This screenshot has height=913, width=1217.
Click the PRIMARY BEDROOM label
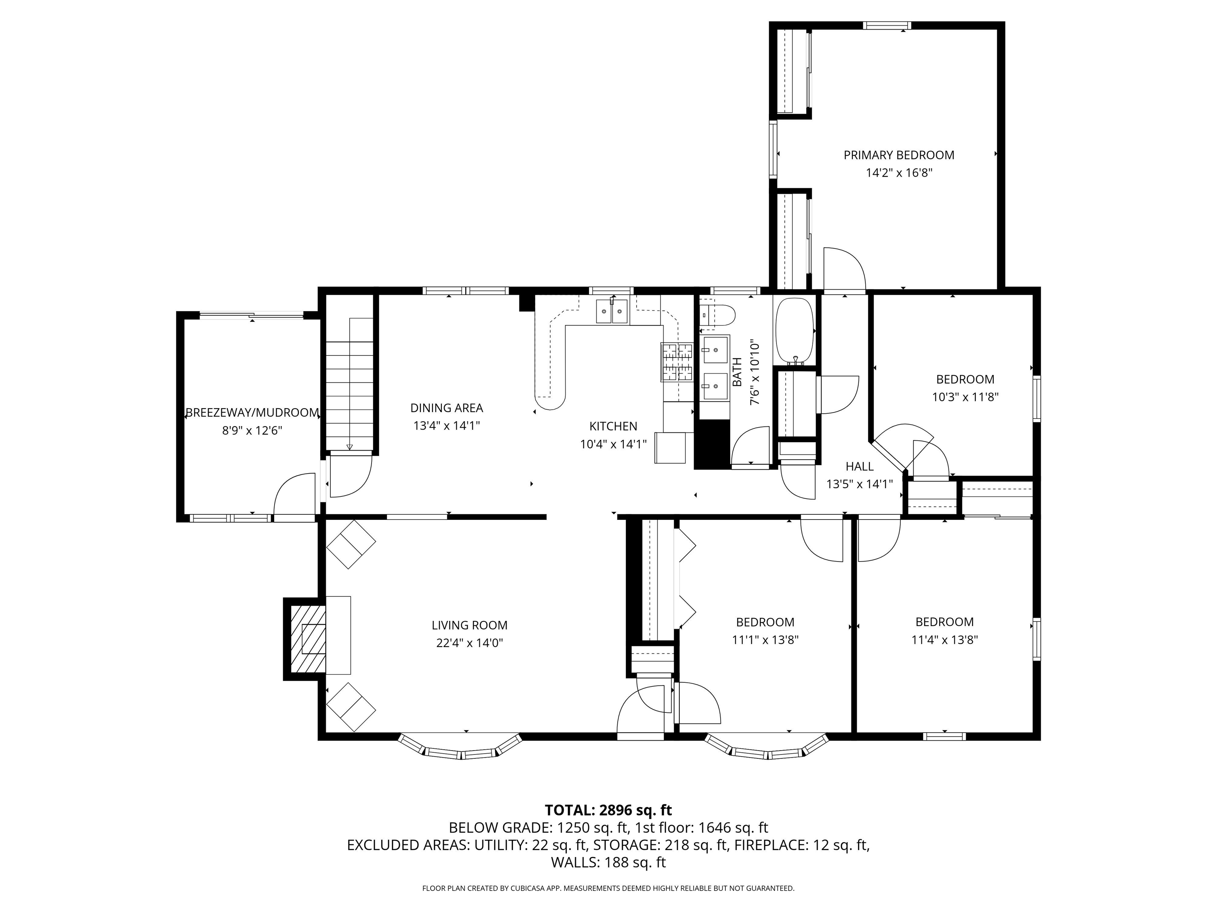(x=898, y=155)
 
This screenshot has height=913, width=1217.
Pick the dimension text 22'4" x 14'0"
(x=469, y=643)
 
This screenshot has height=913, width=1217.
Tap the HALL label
(x=859, y=467)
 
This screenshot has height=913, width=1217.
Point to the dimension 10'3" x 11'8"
(x=965, y=397)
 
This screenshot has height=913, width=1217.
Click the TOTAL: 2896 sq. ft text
(x=608, y=810)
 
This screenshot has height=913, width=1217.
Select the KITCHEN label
(x=613, y=426)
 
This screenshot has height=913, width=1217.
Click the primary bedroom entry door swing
(x=845, y=270)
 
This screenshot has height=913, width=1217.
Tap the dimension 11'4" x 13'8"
(x=944, y=640)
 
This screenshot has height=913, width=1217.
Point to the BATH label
(x=737, y=372)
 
